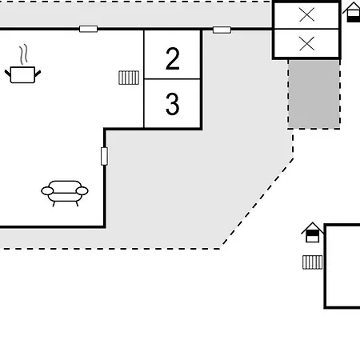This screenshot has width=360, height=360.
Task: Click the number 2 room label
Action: point(172,58)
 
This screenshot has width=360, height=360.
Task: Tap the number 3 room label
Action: point(172,104)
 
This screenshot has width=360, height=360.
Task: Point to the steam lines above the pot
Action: point(23,54)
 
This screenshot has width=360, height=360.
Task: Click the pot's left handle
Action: point(8,73)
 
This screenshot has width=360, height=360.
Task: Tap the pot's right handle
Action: point(38,73)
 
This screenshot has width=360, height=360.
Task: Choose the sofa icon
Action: point(65,194)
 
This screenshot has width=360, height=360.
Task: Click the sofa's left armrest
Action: point(47,191)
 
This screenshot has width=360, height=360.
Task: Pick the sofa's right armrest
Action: point(82,191)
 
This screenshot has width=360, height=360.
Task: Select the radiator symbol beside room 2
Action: point(129,78)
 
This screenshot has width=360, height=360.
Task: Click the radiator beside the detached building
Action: point(313,262)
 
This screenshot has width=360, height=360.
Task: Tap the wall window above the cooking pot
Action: point(89,29)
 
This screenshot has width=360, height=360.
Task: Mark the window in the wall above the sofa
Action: point(104,156)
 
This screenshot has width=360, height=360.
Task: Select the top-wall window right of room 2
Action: point(222,30)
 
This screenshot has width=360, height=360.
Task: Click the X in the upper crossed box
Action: point(307,14)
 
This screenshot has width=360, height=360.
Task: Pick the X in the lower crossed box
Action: point(307,44)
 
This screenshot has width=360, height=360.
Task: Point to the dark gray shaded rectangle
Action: point(314,94)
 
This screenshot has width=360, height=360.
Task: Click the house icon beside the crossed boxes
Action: point(353,12)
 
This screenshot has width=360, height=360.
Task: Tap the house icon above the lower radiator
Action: point(312,232)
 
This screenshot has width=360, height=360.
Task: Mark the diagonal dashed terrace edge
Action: point(257,202)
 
